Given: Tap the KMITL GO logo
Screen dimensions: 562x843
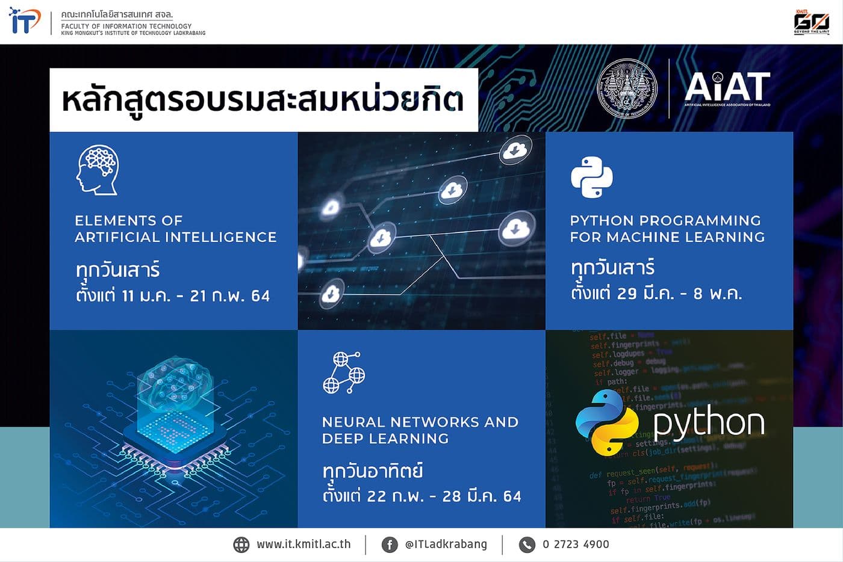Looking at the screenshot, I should point(811,22).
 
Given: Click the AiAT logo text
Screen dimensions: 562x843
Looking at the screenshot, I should point(727,88).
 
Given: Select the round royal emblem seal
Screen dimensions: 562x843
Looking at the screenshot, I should point(627,88).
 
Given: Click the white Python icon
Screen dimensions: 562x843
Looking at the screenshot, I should point(591,178).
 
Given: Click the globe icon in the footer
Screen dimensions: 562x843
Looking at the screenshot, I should point(241,545).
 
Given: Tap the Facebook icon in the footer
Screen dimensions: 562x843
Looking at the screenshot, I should point(390,545).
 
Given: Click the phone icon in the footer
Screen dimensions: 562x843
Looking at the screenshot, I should point(527,545).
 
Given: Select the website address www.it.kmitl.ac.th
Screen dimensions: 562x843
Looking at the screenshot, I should point(303,544).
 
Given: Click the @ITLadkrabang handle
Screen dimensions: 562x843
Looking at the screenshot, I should point(446,544).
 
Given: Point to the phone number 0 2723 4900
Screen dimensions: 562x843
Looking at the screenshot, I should point(576,545).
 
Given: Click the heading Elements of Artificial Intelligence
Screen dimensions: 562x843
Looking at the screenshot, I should point(175,229).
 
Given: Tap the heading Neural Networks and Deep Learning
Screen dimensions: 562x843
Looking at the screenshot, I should point(420,430).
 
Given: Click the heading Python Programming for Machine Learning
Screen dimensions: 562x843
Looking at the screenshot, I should point(667,229).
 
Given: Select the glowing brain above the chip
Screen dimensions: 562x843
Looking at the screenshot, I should point(176,386).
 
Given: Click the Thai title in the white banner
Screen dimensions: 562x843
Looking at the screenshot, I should point(263,100).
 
